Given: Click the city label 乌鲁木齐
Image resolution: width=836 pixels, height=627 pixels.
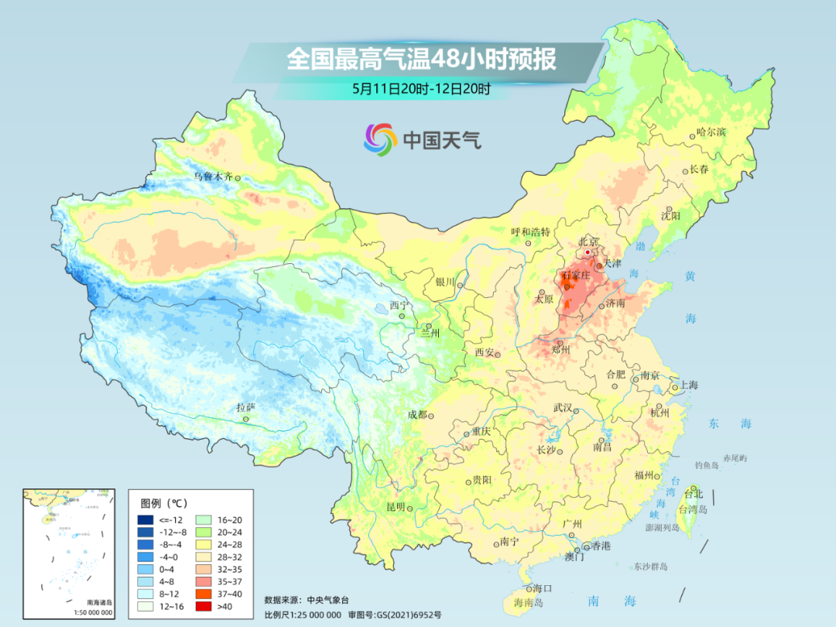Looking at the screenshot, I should [212, 176].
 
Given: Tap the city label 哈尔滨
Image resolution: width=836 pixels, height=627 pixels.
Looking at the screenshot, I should [711, 132].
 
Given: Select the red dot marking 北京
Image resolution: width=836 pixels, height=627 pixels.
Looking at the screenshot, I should [588, 252].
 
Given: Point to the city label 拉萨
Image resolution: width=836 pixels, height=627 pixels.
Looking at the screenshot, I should [245, 407].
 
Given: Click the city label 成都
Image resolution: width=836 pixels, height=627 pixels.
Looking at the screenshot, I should [417, 414].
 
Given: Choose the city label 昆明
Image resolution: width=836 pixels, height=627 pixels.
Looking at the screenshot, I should [396, 507].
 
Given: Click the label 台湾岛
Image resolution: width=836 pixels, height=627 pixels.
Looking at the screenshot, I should [693, 509].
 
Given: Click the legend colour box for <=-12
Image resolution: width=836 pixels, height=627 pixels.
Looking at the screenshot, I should [145, 519].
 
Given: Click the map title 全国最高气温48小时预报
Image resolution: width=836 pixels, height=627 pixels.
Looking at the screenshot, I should [421, 60].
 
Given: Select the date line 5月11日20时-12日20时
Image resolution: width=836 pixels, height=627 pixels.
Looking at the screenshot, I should [421, 88].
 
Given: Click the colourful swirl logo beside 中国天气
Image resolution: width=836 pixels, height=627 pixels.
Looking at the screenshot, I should [380, 139].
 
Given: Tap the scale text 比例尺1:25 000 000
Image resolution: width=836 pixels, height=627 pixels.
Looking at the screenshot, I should [303, 614].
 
